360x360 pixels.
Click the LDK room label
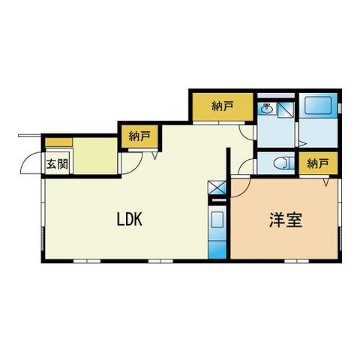pos(129,220)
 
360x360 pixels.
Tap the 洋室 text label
pos(286,221)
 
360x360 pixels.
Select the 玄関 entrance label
pos(56,165)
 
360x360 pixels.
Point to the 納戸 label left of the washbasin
pos(222,107)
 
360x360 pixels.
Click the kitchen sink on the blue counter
pos(216,222)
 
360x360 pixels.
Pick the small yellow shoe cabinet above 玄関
pos(58,141)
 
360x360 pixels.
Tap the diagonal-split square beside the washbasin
pos(285,109)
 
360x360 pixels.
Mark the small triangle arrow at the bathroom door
pos(300,142)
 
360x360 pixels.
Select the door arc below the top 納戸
pos(246,131)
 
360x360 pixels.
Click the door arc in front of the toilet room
pos(247,166)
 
